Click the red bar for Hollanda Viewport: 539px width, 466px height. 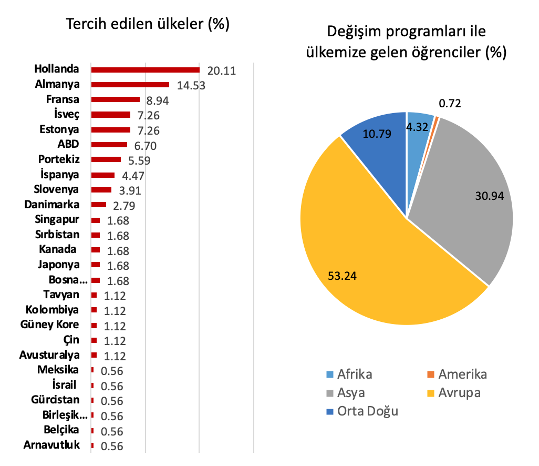pos(146,70)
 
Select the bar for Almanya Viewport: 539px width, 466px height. pos(130,85)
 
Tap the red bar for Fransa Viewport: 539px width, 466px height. pos(116,99)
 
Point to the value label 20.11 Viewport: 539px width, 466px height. pos(221,70)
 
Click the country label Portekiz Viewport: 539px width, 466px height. pos(59,159)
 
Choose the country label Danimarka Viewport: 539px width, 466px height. pos(51,205)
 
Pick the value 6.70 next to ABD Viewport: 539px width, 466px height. pos(145,146)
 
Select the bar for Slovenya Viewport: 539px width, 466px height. pos(101,190)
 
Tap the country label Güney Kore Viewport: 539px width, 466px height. pos(49,325)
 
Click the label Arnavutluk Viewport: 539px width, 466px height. pos(51,444)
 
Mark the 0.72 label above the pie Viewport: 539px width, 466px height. pos(450,103)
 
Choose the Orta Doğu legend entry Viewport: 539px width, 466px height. pos(362,411)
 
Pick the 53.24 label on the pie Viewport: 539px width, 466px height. pos(342,276)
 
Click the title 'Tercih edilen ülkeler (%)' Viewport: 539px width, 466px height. pos(148,24)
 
